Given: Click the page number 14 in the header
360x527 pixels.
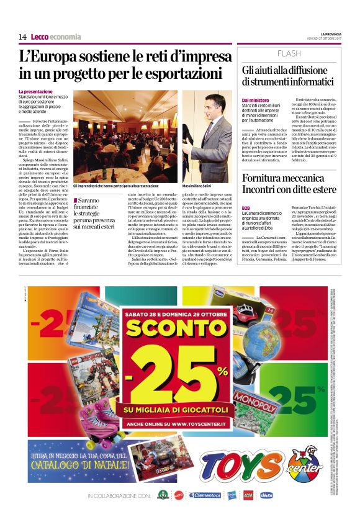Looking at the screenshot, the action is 22,37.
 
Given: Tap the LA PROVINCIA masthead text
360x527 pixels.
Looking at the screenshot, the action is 331,34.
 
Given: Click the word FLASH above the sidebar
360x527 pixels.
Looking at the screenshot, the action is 289,53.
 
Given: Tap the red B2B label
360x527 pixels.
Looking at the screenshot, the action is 246,207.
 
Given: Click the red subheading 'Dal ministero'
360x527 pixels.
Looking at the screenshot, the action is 255,100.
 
